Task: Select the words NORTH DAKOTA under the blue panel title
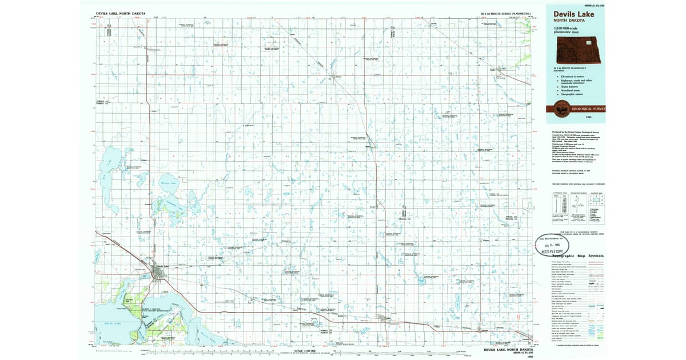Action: coord(567,21)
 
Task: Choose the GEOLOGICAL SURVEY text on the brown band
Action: coord(590,109)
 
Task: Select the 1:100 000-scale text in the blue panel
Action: coord(567,29)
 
